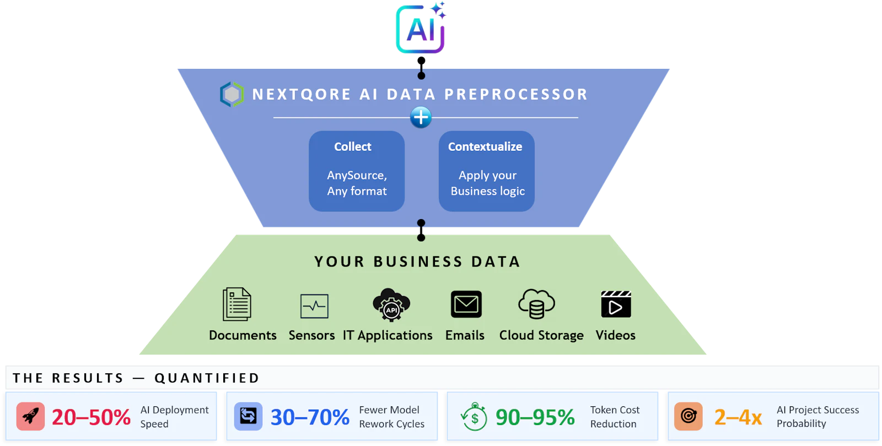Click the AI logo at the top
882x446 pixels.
[x=421, y=28]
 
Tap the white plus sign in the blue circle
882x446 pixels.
[x=421, y=117]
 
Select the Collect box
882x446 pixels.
[x=357, y=171]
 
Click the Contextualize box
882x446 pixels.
[x=487, y=171]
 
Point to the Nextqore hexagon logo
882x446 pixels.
[x=232, y=94]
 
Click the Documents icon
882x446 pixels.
[x=236, y=304]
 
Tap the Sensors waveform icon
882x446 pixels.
[x=314, y=306]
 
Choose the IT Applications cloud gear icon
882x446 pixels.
[x=391, y=305]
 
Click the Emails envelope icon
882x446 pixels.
[x=466, y=304]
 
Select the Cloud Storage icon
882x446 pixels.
[x=537, y=304]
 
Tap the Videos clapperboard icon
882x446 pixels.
[x=616, y=304]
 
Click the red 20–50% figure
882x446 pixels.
[x=91, y=417]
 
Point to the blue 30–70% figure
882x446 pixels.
[x=310, y=417]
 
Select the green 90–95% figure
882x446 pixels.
[x=535, y=417]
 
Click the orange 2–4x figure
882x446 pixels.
[x=738, y=417]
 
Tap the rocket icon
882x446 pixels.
[x=30, y=416]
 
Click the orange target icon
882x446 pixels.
[x=689, y=416]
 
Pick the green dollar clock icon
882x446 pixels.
[x=474, y=416]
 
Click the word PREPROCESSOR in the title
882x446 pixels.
[x=516, y=94]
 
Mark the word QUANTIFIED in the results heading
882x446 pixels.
[x=207, y=378]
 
